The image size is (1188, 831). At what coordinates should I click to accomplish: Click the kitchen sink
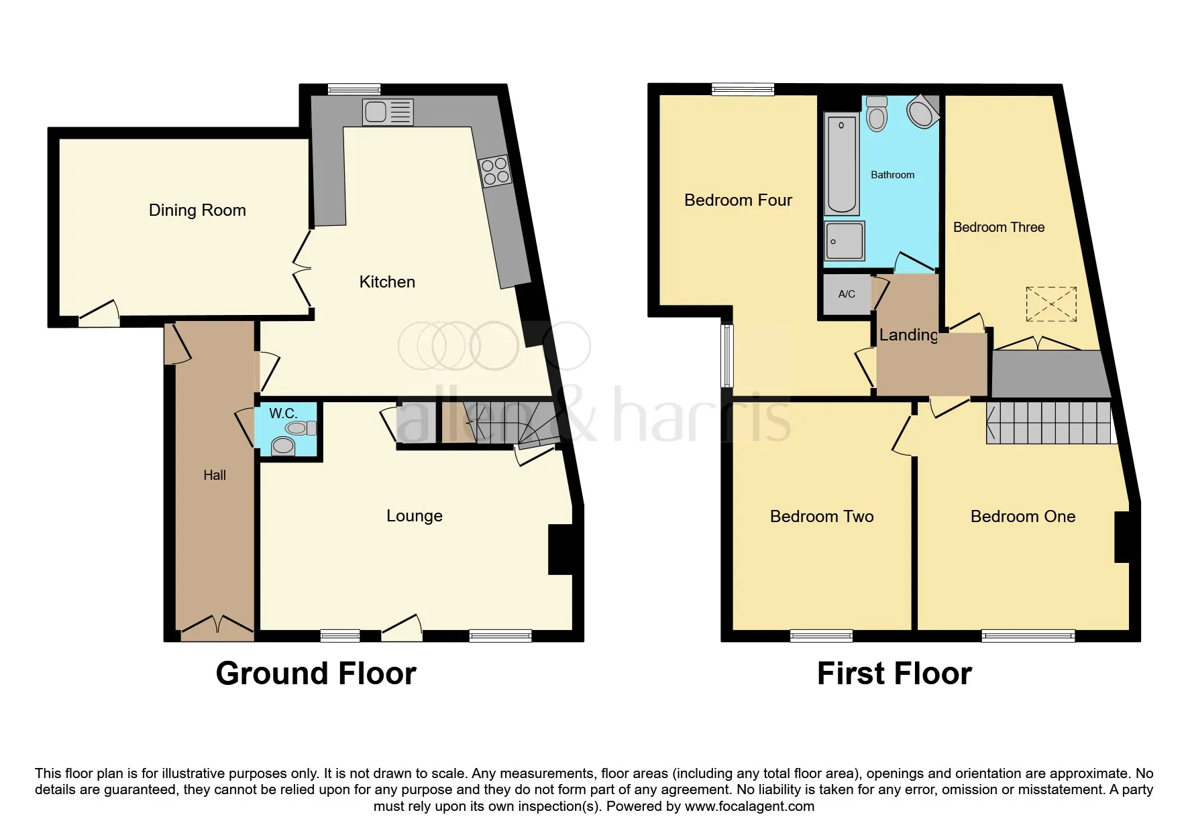click(388, 112)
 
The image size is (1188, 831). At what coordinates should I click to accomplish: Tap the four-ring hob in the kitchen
click(495, 170)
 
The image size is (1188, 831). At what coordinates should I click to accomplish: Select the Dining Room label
click(197, 210)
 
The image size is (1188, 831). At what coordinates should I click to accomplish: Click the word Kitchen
click(387, 282)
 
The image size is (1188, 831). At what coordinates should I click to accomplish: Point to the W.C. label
click(283, 413)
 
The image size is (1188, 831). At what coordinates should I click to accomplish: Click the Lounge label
click(415, 516)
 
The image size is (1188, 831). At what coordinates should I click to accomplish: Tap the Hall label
click(215, 475)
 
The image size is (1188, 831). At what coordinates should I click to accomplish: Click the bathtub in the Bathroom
click(841, 165)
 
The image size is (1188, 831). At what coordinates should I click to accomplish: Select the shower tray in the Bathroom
click(845, 240)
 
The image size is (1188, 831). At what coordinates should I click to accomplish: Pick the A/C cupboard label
click(847, 294)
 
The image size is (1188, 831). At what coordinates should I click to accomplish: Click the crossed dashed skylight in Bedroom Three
click(1051, 305)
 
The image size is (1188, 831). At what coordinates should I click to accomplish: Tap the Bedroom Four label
click(738, 200)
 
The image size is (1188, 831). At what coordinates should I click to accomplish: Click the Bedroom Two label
click(822, 517)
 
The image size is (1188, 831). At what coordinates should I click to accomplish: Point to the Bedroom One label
click(1023, 517)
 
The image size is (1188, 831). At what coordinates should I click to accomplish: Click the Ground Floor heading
click(316, 674)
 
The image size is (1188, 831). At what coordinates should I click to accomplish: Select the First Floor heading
click(894, 674)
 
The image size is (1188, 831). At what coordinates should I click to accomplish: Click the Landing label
click(909, 335)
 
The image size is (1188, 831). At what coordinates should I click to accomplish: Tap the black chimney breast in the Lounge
click(560, 550)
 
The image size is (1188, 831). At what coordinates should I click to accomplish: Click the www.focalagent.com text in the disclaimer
click(749, 806)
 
